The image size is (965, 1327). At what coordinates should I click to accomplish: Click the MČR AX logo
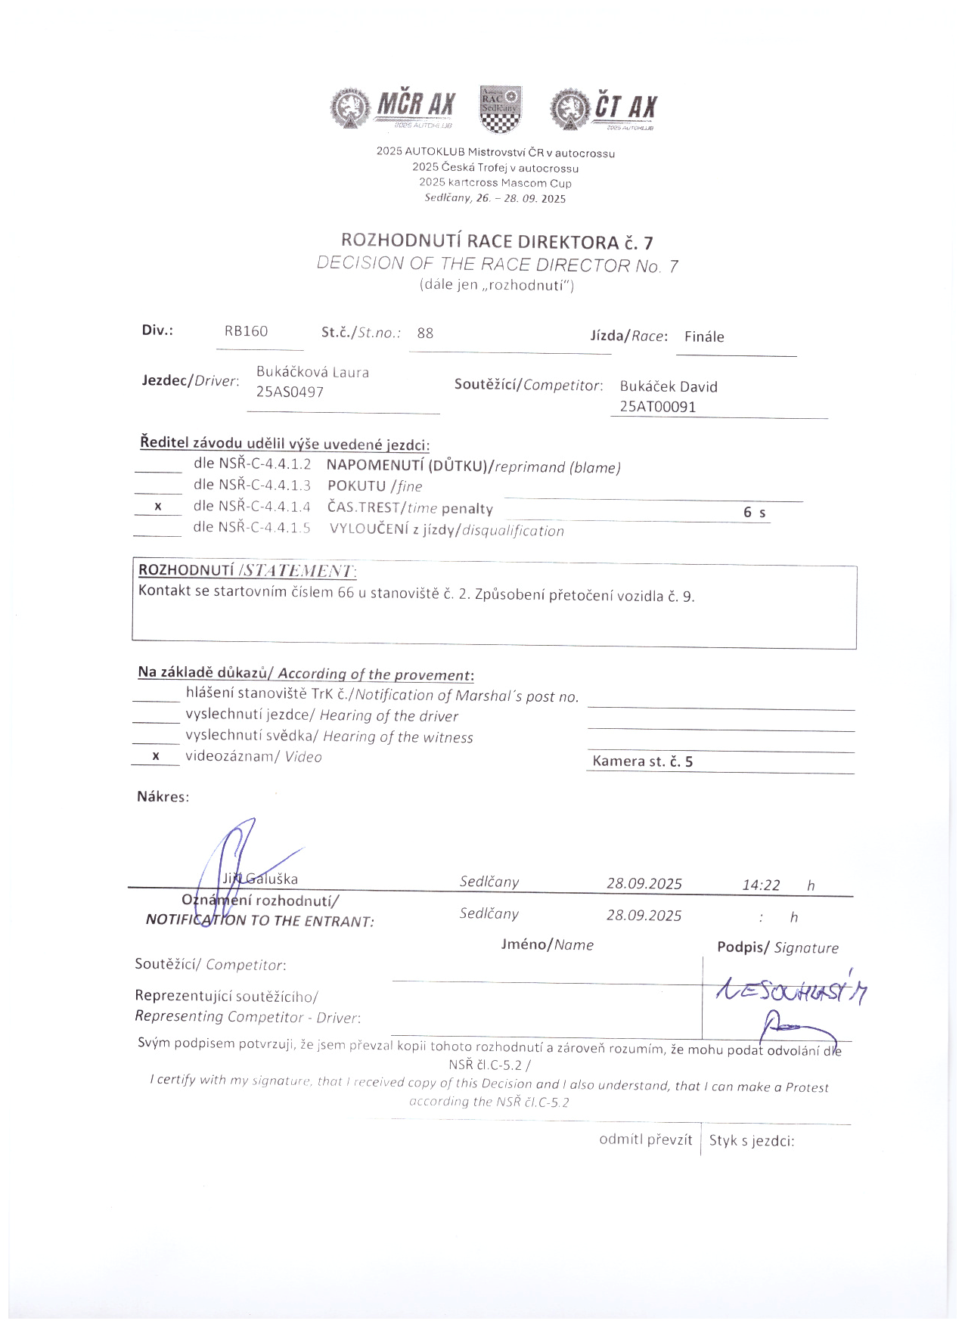[x=393, y=108]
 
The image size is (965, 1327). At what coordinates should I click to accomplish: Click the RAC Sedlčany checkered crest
[x=500, y=108]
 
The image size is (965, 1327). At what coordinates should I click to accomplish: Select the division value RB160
[x=246, y=331]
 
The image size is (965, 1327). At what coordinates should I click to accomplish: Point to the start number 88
[x=425, y=333]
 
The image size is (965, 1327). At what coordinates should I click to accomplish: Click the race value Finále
[x=704, y=336]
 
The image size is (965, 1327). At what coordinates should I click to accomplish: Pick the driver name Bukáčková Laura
[x=312, y=372]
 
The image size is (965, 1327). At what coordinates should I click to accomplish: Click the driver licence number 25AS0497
[x=290, y=392]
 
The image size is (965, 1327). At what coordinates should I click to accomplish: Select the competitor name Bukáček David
[x=669, y=386]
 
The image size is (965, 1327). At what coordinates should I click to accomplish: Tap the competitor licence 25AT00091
[x=658, y=407]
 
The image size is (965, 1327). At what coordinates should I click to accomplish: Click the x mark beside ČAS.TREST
[x=158, y=507]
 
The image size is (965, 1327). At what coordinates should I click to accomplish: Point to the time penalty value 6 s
[x=754, y=513]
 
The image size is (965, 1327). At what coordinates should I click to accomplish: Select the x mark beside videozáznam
[x=156, y=756]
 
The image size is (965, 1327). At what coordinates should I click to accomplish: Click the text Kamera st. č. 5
[x=642, y=761]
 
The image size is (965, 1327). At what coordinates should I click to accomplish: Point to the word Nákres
[x=163, y=796]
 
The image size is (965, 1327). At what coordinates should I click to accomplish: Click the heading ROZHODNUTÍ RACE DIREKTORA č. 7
[x=497, y=242]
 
